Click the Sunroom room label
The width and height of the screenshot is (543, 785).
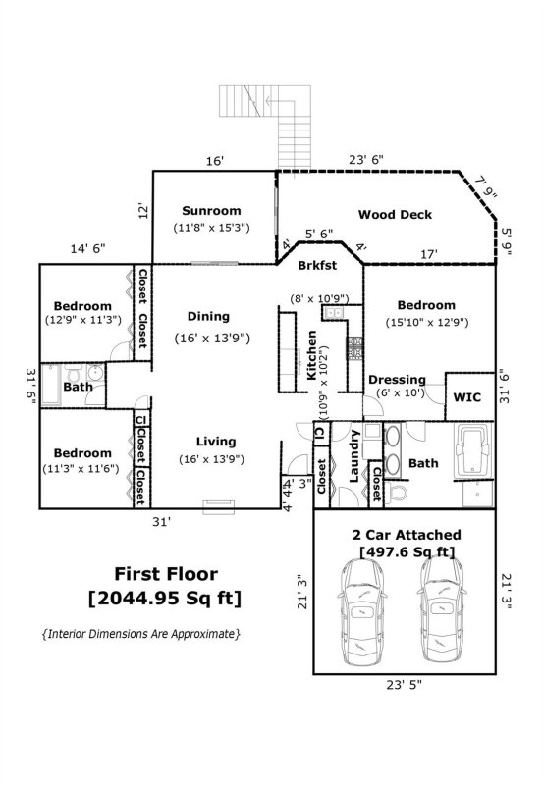tap(211, 210)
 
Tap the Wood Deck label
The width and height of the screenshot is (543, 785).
tap(394, 215)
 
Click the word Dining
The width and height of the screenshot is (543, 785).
tap(208, 317)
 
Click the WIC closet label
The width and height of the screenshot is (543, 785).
tap(466, 398)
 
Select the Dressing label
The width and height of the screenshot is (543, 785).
tap(397, 380)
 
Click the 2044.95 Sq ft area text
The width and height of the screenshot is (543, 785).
tap(166, 598)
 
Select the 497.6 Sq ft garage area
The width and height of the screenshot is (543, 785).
tap(407, 552)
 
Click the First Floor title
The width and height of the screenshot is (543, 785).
tap(166, 574)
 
